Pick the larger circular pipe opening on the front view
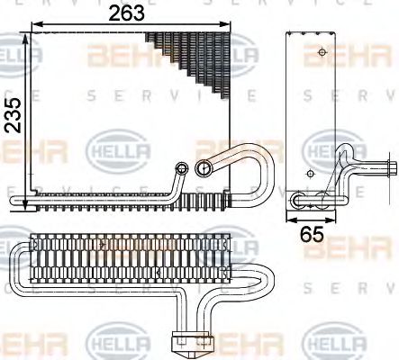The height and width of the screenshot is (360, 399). click(204, 166)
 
